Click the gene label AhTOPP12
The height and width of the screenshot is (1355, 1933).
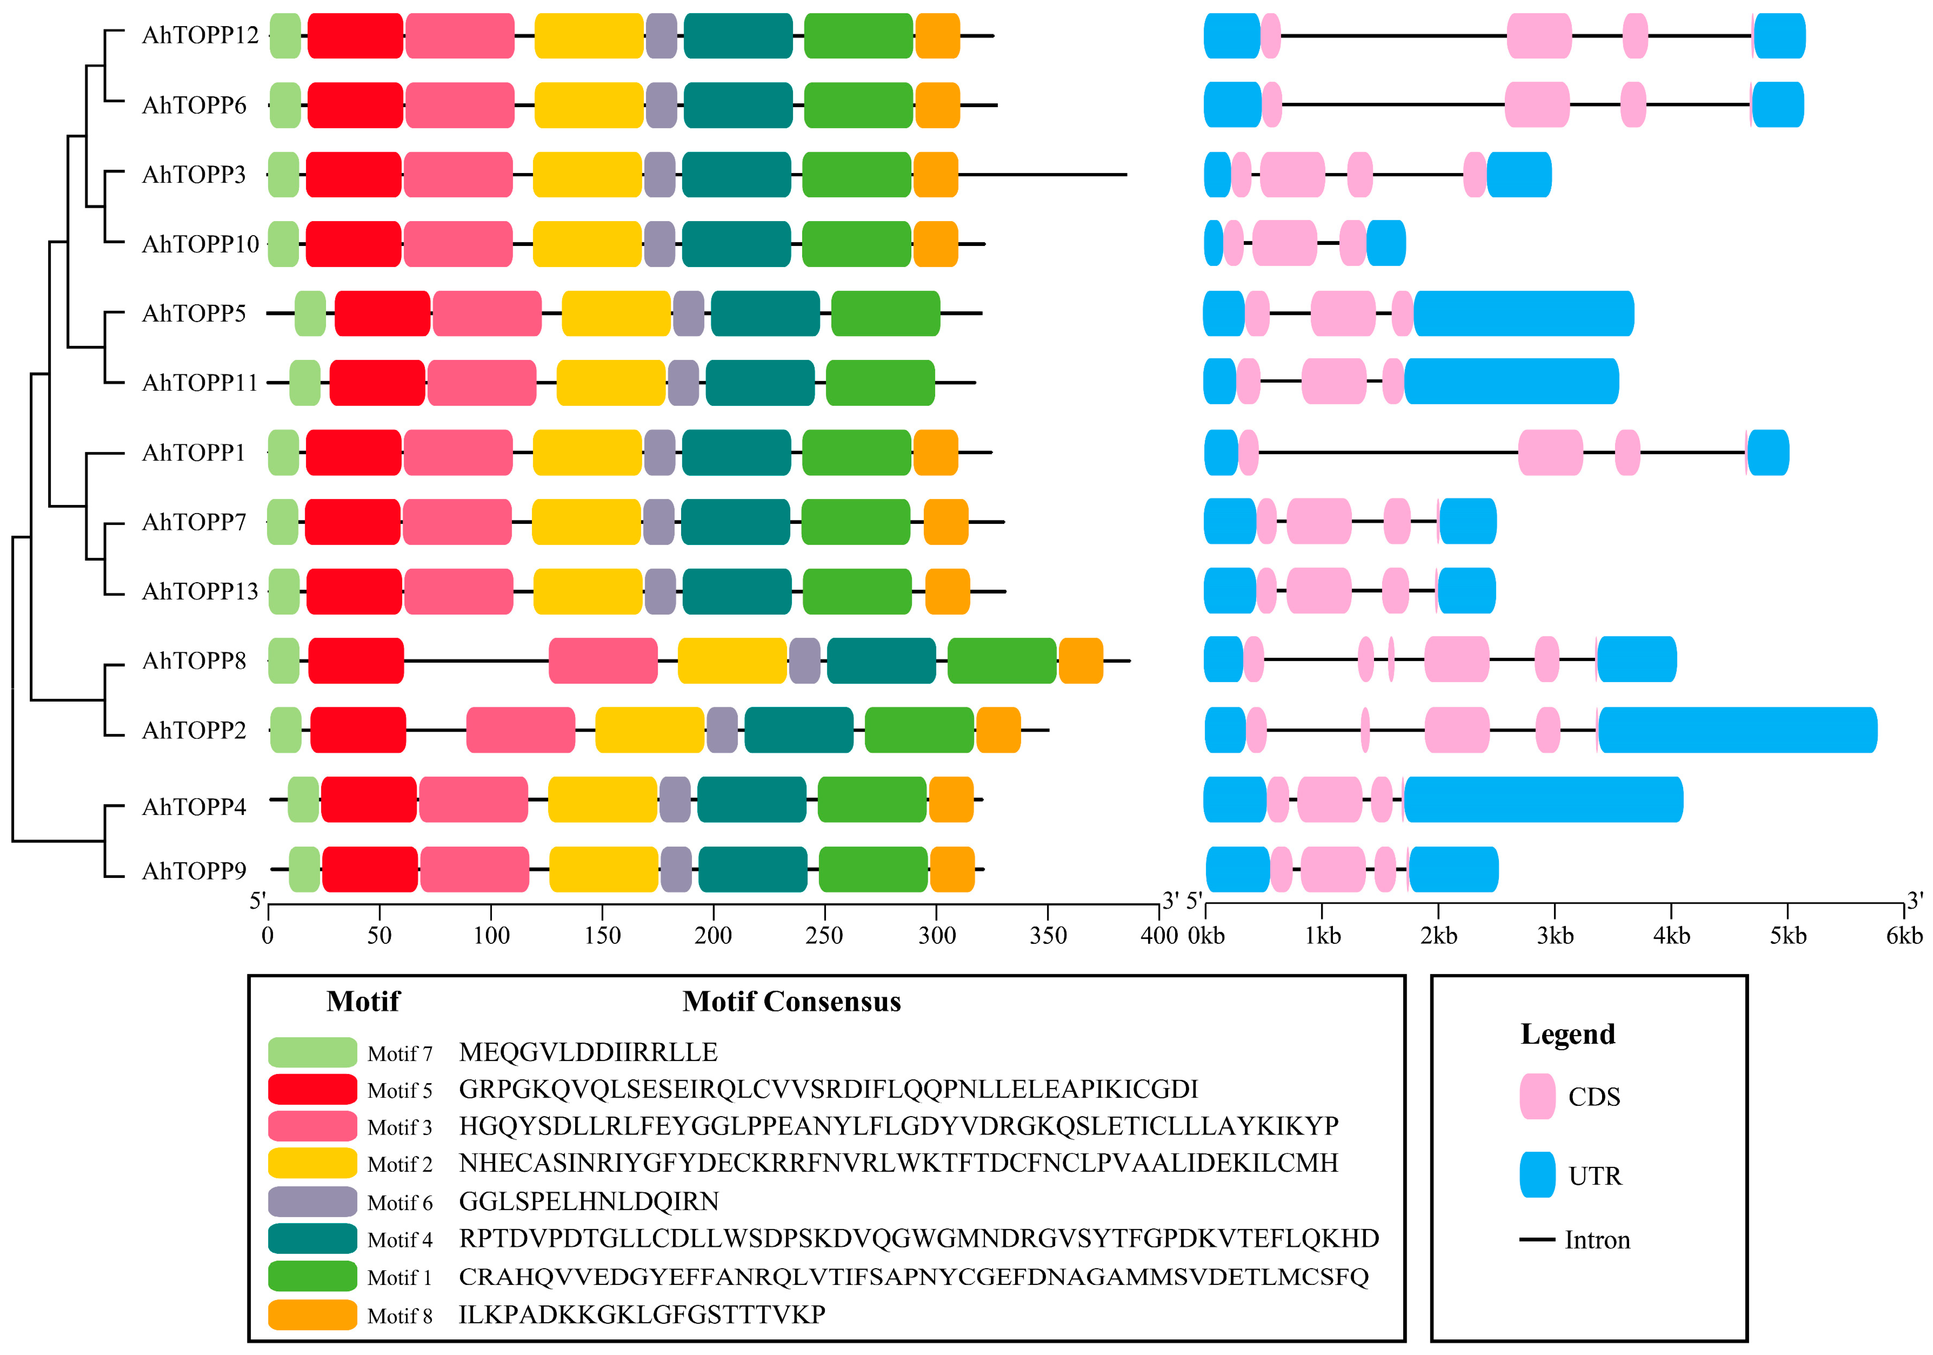pos(200,35)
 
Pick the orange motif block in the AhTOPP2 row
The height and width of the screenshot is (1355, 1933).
pos(998,730)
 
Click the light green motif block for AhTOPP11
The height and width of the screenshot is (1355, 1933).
pos(305,383)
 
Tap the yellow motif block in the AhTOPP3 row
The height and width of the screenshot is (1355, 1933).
pos(588,174)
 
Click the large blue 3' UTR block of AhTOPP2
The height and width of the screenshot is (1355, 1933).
pos(1737,730)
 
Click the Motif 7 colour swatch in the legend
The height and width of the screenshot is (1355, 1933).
pos(312,1052)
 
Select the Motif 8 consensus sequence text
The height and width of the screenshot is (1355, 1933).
pos(642,1315)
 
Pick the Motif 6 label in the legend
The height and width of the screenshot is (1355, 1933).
pos(400,1203)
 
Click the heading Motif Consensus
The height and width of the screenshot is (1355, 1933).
pos(791,1002)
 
